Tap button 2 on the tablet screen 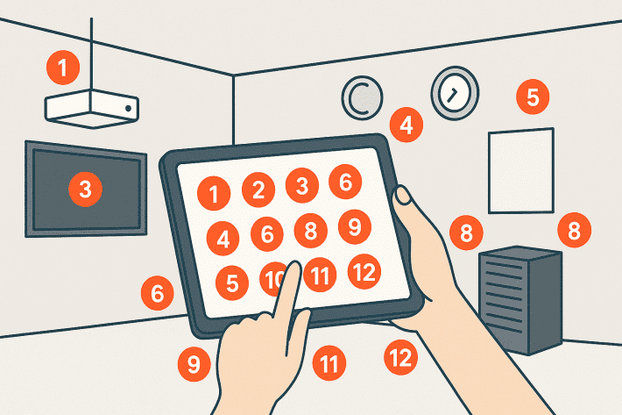point(258,190)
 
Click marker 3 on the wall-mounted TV point(85,189)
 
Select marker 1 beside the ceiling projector point(63,68)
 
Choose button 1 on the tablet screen point(214,193)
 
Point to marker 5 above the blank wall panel point(533,97)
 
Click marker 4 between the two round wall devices point(406,125)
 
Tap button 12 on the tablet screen point(364,272)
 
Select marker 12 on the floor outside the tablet point(400,357)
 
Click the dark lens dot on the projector point(128,108)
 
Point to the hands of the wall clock point(452,96)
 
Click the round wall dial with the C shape point(362,97)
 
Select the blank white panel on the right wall point(521,171)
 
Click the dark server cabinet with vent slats point(520,300)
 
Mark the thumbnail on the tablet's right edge point(404,196)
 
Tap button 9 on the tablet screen point(355,226)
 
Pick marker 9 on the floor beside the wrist point(194,364)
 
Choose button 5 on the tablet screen point(232,283)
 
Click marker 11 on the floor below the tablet point(329,363)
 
